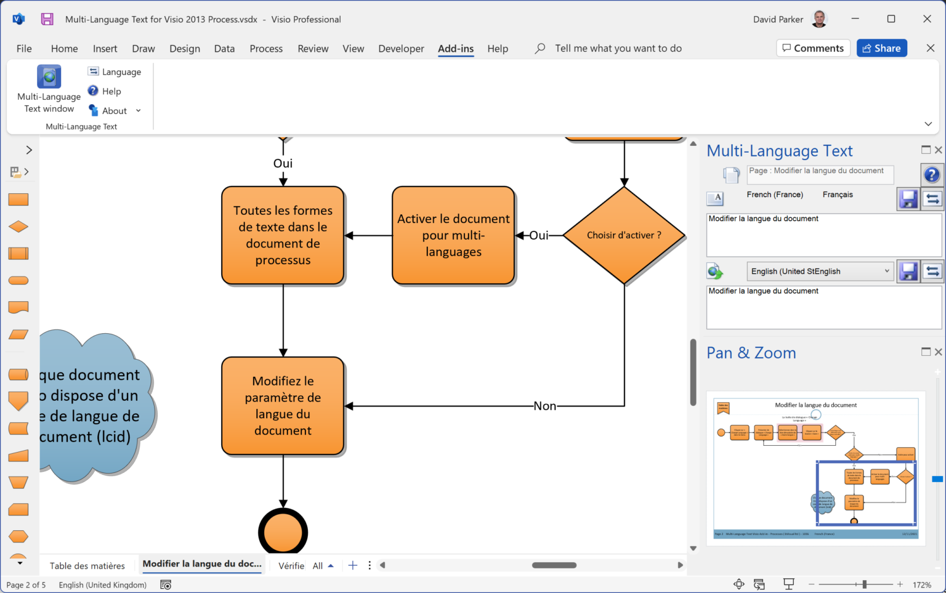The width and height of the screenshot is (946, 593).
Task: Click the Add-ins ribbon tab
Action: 456,49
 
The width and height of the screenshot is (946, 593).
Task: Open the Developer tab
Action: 401,49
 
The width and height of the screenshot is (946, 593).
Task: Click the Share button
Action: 881,48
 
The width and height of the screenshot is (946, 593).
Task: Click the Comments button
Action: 813,48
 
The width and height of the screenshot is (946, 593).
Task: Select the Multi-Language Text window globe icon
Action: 49,77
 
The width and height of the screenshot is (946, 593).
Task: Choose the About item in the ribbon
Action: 115,111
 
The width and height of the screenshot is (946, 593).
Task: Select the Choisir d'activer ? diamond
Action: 624,235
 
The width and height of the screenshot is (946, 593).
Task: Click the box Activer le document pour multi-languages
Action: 453,235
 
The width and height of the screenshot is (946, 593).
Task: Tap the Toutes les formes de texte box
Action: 283,235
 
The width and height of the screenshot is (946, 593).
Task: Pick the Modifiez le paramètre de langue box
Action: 283,406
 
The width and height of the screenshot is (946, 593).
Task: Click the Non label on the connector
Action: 544,406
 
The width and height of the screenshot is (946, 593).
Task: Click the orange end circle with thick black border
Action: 283,532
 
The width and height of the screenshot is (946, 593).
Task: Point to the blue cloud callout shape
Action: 92,406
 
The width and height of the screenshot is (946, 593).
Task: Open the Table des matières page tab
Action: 87,566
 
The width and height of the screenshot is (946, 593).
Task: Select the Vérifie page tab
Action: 291,566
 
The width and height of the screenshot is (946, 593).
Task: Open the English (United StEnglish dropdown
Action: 819,272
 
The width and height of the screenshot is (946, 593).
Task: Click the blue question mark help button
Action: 931,175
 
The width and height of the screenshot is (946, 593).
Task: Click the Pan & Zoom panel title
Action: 751,353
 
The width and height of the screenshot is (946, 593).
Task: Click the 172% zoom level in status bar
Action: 921,585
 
